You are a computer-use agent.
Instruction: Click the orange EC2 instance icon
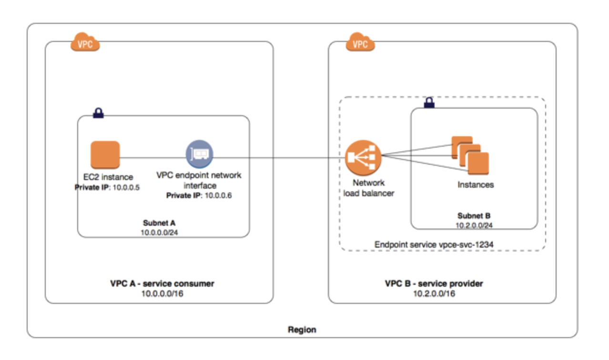point(105,155)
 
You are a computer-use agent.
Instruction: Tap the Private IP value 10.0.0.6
point(218,196)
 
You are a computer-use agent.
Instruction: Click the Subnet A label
point(162,223)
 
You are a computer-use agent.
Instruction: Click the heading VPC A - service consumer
point(162,284)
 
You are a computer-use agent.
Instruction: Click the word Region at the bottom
point(302,330)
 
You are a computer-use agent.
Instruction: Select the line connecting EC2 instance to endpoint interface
point(152,158)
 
